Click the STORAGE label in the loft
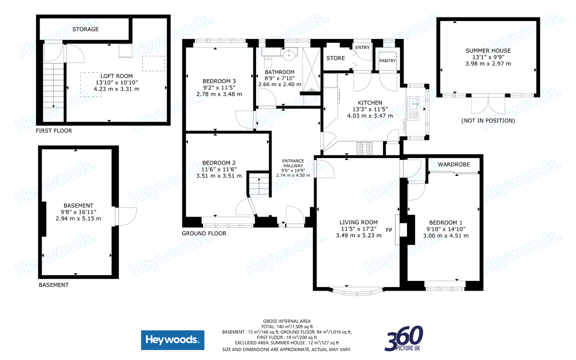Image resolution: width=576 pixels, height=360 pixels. (x=85, y=29)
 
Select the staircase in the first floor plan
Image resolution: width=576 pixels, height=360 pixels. (x=53, y=85)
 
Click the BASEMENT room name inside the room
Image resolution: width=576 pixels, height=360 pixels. (x=78, y=205)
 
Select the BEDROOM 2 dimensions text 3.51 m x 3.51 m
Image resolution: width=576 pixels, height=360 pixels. (x=219, y=175)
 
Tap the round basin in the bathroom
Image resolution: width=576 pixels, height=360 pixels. (x=288, y=54)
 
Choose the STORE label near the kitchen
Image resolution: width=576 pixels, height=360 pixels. (x=335, y=58)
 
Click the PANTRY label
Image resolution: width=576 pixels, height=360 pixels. (x=387, y=61)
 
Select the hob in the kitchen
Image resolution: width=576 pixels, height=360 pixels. (x=365, y=147)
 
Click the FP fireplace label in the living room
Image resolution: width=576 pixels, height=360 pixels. (x=388, y=230)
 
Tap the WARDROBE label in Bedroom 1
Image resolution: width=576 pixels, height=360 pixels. (x=453, y=164)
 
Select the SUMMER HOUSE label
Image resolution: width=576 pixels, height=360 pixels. (x=488, y=50)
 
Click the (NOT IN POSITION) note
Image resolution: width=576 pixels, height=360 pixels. (x=488, y=120)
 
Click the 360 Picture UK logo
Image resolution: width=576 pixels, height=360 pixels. (x=404, y=338)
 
